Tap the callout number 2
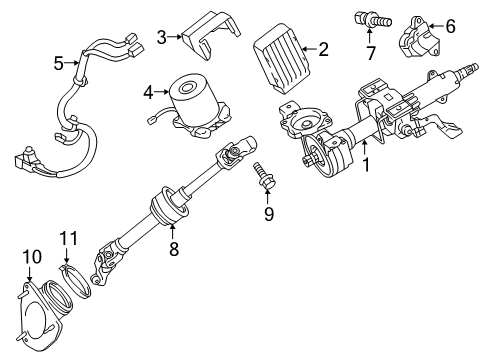[x=322, y=48]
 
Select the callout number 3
[x=162, y=38]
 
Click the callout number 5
[x=58, y=63]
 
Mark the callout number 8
[x=173, y=250]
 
